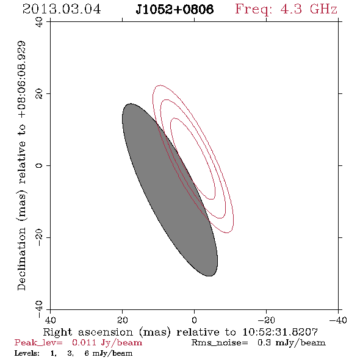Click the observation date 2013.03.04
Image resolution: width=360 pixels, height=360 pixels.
(x=62, y=9)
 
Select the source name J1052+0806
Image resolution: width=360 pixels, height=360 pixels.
(x=175, y=9)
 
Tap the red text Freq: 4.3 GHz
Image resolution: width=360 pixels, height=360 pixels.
(x=286, y=10)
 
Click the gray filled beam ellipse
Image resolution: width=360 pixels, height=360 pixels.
(x=170, y=190)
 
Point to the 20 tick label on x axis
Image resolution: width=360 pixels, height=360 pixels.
(x=123, y=320)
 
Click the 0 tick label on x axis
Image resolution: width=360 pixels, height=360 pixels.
(x=195, y=320)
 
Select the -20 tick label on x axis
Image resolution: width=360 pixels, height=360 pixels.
(x=266, y=320)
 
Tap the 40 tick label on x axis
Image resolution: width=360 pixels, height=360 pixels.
(x=51, y=320)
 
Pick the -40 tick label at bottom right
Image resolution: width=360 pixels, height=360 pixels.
(x=338, y=320)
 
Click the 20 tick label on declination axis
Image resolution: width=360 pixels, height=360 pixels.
(x=39, y=94)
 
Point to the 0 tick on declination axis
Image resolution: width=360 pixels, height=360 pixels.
(x=39, y=165)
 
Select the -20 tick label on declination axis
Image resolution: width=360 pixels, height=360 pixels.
(x=39, y=237)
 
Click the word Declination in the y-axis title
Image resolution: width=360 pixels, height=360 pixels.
(x=21, y=259)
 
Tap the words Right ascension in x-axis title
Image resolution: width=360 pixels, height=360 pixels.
(x=88, y=332)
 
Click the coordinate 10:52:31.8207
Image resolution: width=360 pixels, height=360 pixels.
(x=280, y=332)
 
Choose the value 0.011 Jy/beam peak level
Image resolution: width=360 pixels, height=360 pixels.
(x=107, y=343)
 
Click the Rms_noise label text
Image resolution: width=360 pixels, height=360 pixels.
(x=220, y=343)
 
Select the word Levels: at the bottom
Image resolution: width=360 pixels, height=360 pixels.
(x=27, y=353)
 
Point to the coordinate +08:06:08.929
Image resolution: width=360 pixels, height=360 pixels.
(x=21, y=80)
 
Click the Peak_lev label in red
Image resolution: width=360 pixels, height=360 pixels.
(x=38, y=343)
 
